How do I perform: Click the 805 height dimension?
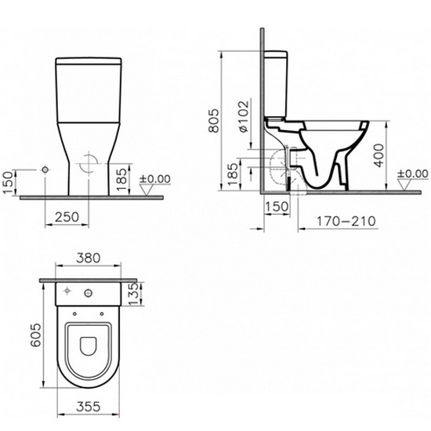point(215,120)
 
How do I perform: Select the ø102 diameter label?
point(244,116)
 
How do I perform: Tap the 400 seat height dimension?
point(379,155)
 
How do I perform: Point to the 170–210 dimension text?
point(346,221)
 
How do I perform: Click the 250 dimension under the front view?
point(67,217)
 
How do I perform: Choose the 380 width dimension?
point(89,258)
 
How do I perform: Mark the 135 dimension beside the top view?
point(133,294)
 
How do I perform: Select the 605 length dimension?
point(36,335)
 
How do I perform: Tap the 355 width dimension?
point(89,406)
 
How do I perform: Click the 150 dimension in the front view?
point(9,183)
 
